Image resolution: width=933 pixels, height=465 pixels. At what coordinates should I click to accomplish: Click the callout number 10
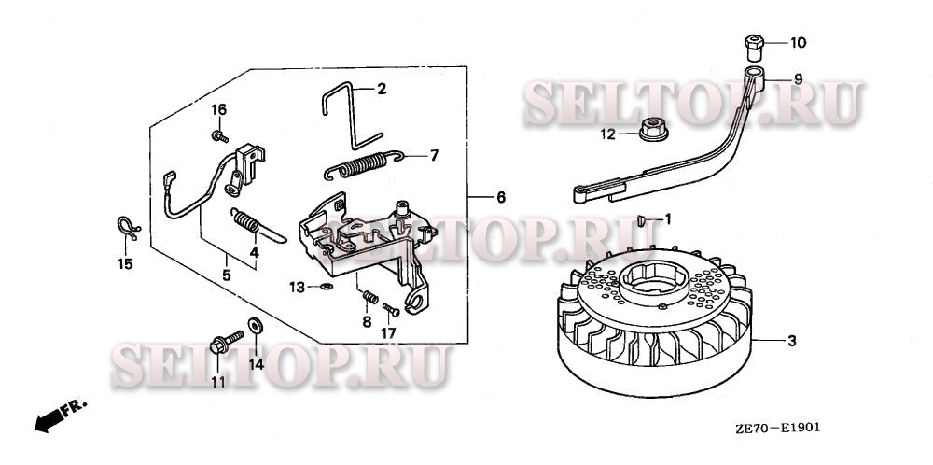pyautogui.click(x=798, y=42)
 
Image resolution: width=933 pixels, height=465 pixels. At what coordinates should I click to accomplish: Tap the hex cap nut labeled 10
pyautogui.click(x=754, y=48)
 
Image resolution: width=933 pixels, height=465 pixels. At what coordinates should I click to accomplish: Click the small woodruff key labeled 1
pyautogui.click(x=642, y=221)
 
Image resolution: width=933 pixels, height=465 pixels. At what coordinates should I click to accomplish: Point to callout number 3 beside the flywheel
pyautogui.click(x=791, y=341)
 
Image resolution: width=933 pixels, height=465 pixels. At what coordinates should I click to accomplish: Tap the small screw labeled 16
pyautogui.click(x=219, y=136)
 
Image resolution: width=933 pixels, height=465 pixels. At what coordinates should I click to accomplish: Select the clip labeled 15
pyautogui.click(x=128, y=228)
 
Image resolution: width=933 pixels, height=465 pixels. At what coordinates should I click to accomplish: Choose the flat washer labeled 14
pyautogui.click(x=256, y=326)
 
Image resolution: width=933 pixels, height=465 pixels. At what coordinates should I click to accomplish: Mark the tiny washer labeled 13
pyautogui.click(x=326, y=288)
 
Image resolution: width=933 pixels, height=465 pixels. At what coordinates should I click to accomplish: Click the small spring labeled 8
pyautogui.click(x=370, y=296)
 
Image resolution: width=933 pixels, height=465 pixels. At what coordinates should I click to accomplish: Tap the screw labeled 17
pyautogui.click(x=391, y=310)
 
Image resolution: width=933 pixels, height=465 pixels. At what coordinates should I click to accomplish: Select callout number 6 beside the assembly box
pyautogui.click(x=500, y=197)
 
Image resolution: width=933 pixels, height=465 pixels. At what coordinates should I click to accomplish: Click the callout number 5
pyautogui.click(x=226, y=275)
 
